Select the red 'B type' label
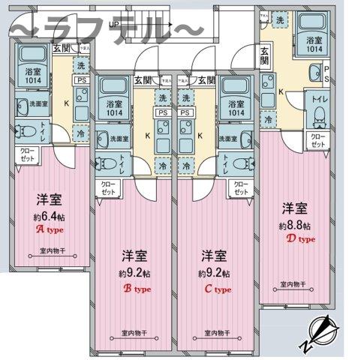tap(133, 286)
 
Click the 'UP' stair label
tap(113, 24)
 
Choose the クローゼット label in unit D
tap(317, 141)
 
